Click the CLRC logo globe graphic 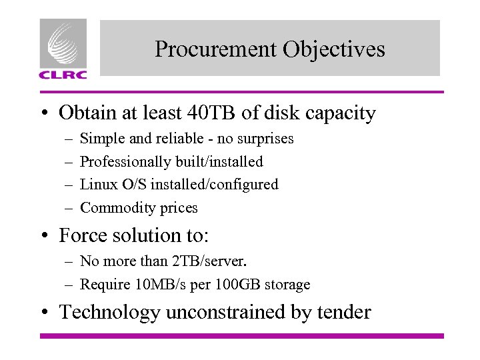63,43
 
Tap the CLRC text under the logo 63,75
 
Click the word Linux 97,184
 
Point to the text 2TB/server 217,261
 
